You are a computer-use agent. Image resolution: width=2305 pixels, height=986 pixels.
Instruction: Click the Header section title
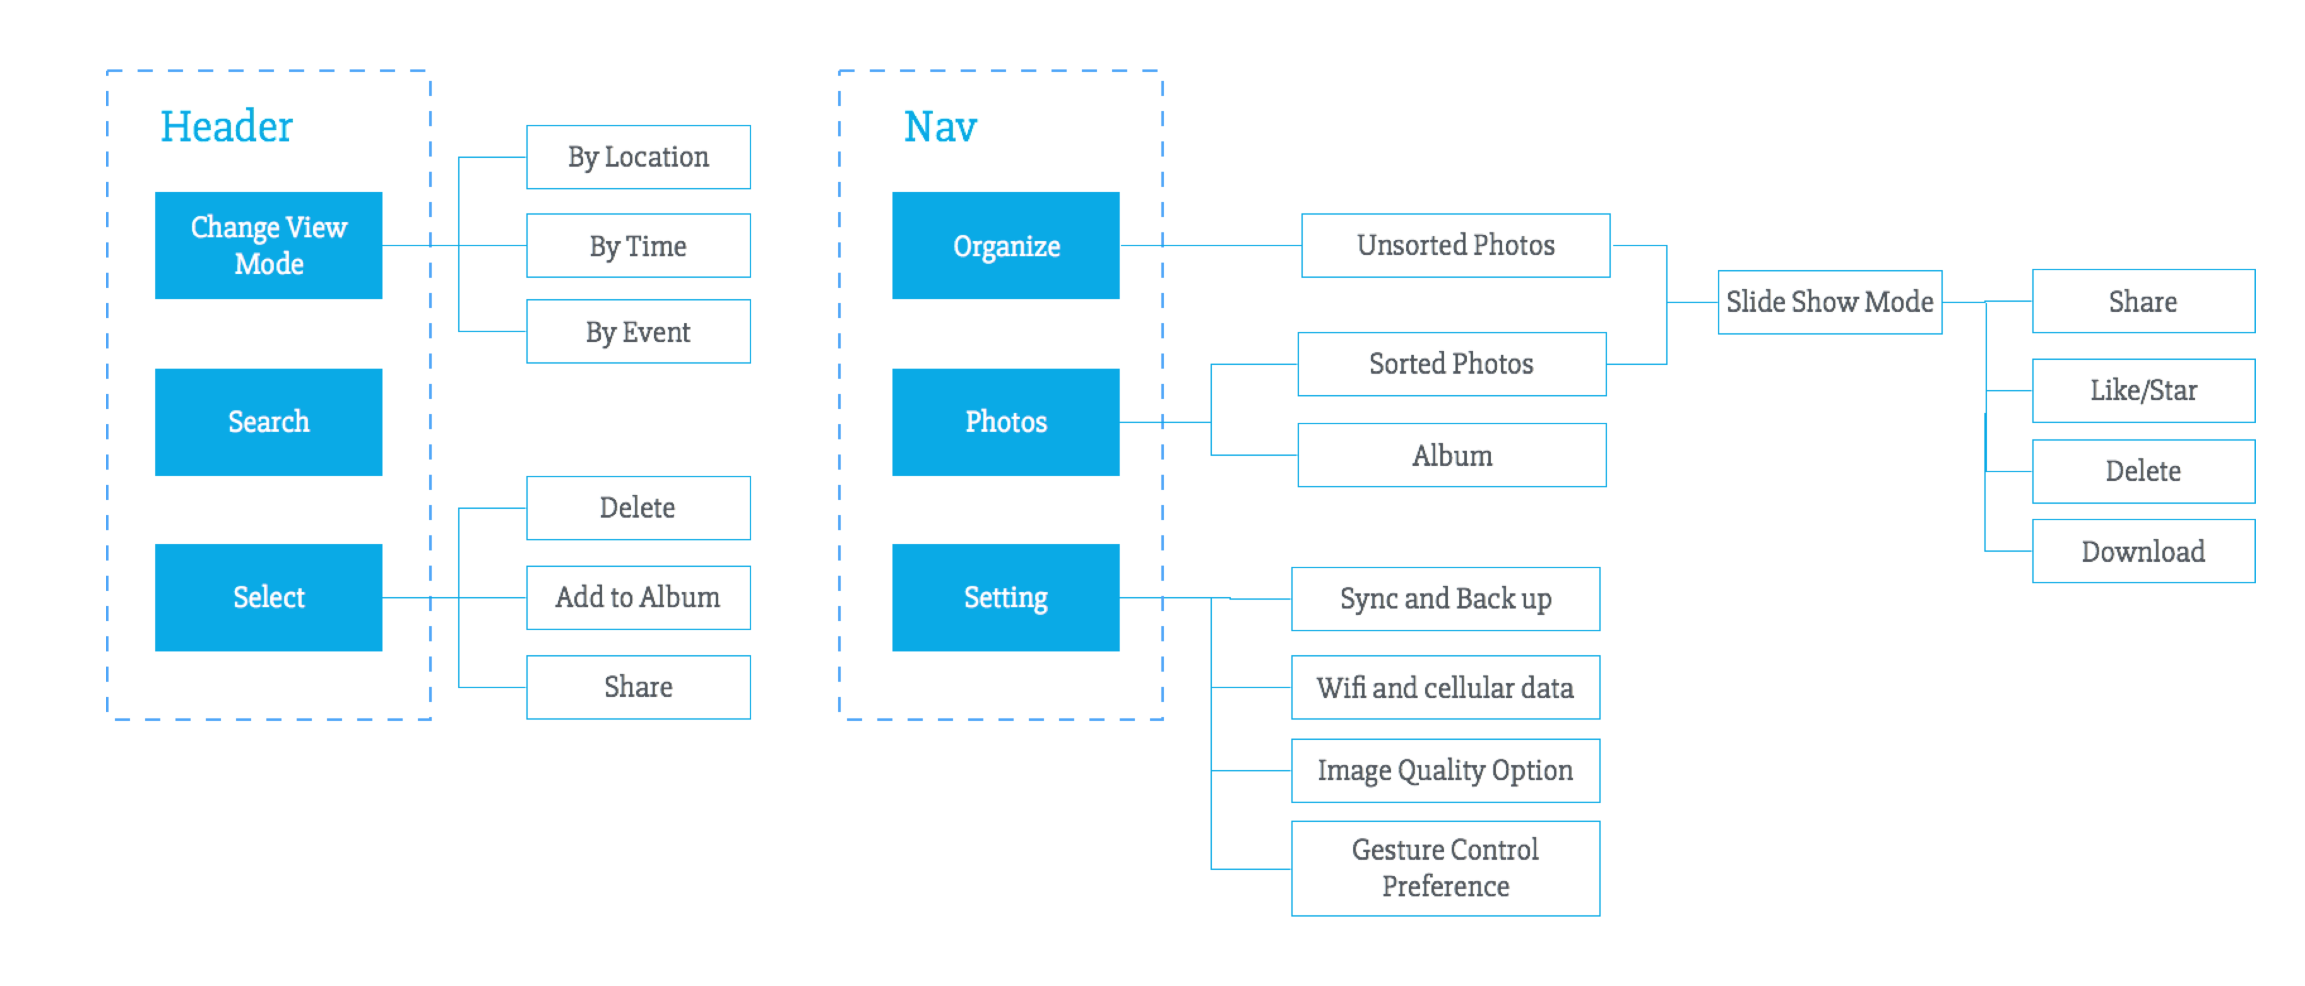[x=227, y=126]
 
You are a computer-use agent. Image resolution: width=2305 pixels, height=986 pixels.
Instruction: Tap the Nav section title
[x=940, y=126]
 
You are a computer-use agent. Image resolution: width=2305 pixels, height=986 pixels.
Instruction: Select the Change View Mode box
[x=268, y=245]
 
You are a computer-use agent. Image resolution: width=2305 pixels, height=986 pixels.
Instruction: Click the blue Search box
[x=268, y=422]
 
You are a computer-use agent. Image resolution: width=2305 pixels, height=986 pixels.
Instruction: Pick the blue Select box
[x=268, y=597]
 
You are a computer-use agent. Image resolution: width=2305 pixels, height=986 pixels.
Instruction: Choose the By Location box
[x=638, y=157]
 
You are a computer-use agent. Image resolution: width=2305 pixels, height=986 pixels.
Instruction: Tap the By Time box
[x=638, y=245]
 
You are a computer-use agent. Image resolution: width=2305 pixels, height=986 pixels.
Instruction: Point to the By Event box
[x=638, y=331]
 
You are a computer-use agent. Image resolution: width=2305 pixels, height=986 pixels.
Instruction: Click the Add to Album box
[x=638, y=597]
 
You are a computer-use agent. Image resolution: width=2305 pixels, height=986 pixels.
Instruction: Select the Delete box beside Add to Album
[x=638, y=508]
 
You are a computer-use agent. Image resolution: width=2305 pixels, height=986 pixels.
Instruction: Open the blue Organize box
[x=1005, y=245]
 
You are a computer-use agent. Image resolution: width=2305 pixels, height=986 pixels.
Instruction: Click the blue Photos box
[x=1005, y=422]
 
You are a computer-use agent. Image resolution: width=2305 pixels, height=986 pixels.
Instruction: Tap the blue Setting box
[x=1005, y=597]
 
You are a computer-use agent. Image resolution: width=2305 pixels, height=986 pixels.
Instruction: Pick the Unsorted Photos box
[x=1456, y=245]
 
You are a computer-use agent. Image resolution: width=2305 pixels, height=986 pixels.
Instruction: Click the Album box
[x=1452, y=454]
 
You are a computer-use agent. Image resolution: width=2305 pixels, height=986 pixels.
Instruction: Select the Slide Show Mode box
[x=1830, y=302]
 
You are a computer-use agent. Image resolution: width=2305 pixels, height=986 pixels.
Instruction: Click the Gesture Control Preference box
[x=1446, y=868]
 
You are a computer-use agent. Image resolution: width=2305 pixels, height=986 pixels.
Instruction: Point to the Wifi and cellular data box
[x=1446, y=687]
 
